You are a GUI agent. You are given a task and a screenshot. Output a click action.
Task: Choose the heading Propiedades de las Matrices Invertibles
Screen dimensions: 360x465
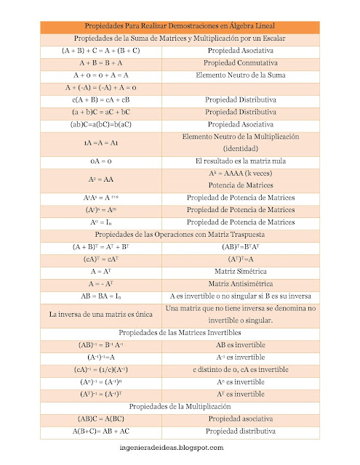click(x=180, y=332)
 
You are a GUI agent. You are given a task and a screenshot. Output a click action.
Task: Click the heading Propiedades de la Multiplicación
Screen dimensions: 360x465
click(x=180, y=406)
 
